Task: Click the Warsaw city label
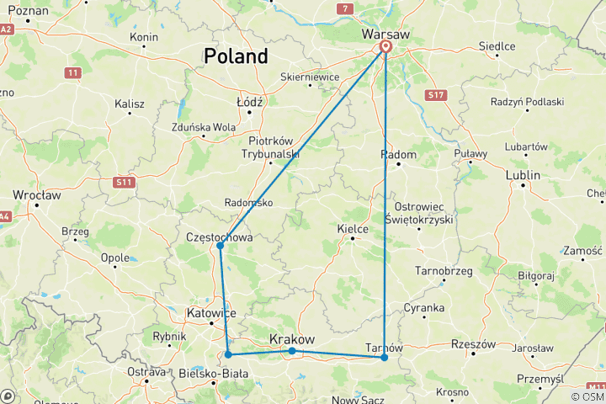click(385, 34)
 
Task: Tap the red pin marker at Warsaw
click(385, 48)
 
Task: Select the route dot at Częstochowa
click(220, 246)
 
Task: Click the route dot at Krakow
click(291, 351)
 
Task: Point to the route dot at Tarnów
click(385, 358)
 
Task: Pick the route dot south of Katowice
click(228, 354)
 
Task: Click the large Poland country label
click(236, 56)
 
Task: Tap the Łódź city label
click(250, 101)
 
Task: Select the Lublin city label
click(523, 176)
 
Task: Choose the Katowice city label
click(210, 314)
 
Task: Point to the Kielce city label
click(353, 228)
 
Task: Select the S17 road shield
click(435, 96)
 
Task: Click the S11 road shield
click(125, 181)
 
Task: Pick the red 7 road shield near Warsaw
click(344, 8)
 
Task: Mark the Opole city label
click(114, 258)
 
